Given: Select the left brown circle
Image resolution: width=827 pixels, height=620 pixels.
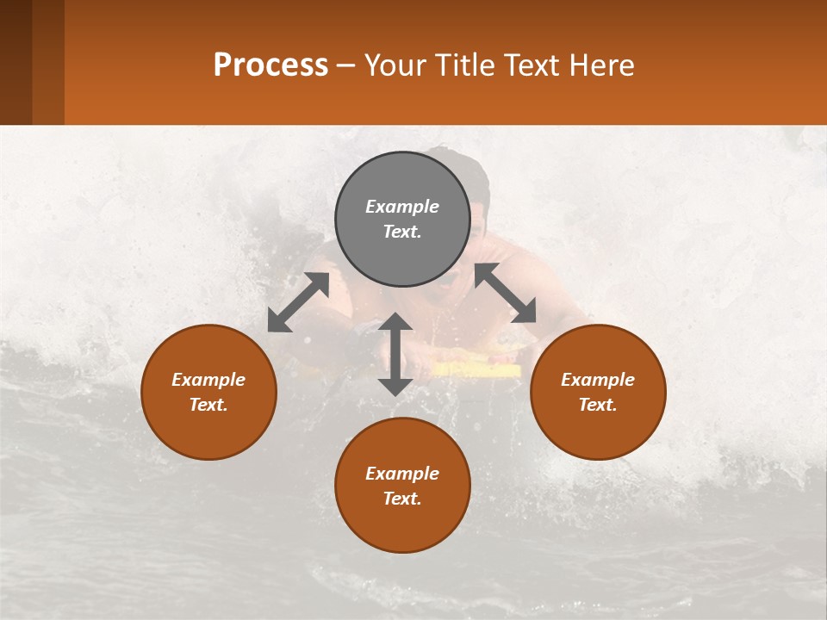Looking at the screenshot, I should point(208,392).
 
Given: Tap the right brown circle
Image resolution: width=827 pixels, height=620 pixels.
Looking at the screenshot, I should point(598,392).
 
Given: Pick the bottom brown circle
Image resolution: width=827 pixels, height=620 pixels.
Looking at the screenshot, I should point(402,486).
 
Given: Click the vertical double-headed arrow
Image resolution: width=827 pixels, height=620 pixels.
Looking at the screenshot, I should point(395,354).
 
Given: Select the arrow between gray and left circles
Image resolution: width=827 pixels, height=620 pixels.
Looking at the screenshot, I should point(298,302).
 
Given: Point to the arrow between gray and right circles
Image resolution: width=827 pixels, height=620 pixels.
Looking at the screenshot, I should point(506,293).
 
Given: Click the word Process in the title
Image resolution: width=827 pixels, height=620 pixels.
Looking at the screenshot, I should point(270,65).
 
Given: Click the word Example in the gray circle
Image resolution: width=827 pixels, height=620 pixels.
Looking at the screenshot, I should point(402,207).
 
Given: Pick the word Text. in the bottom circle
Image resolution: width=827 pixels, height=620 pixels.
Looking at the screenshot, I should point(402,499).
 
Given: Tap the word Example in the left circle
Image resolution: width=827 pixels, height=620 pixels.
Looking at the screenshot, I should point(208,380).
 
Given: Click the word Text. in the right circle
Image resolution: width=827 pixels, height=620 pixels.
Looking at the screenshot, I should point(598,405).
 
